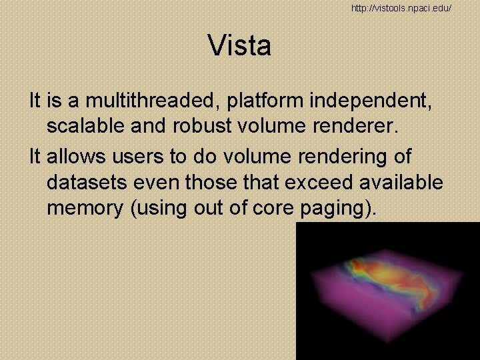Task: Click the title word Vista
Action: point(239,46)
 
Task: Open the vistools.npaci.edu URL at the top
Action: point(402,7)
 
